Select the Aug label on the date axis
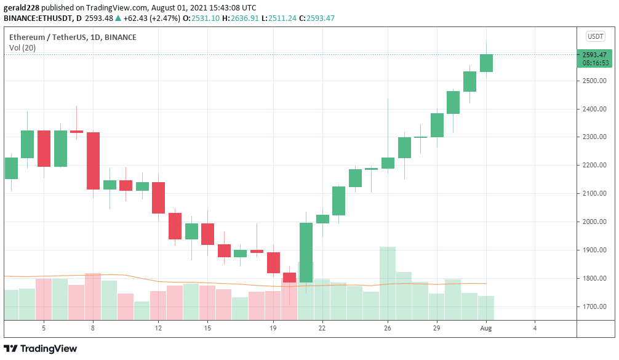point(486,329)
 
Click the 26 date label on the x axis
point(388,329)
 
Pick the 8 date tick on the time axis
point(93,329)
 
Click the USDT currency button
point(596,36)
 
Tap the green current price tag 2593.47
point(594,55)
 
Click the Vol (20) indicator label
point(22,48)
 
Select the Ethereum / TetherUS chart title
point(73,38)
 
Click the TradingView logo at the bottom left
point(41,349)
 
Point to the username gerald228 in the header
point(20,8)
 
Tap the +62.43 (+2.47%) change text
point(136,18)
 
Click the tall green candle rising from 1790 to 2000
point(306,252)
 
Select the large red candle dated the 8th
point(93,161)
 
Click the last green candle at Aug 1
point(486,63)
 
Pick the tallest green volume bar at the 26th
point(388,283)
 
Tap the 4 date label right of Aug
point(535,329)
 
